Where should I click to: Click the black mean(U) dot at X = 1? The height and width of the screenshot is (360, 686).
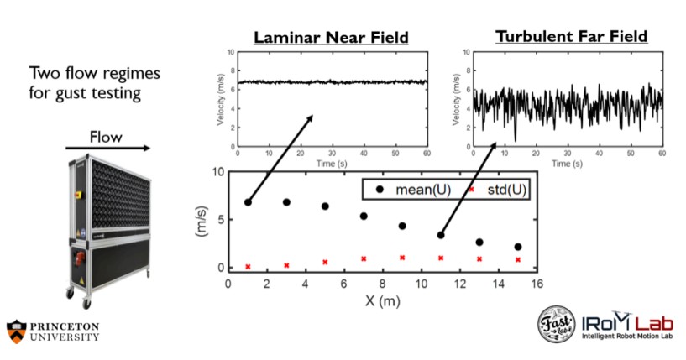tap(248, 202)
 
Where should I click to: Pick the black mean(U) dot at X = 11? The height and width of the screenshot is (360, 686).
tap(441, 235)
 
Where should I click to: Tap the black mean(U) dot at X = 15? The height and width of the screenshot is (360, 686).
tap(518, 247)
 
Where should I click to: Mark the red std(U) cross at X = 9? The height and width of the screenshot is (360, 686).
tap(402, 258)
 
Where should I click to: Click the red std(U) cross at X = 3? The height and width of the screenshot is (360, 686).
tap(286, 265)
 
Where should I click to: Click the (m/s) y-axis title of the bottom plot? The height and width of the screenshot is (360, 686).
tap(202, 221)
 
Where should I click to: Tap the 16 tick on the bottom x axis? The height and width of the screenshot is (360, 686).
tap(537, 283)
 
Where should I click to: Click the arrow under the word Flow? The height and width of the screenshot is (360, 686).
tap(107, 149)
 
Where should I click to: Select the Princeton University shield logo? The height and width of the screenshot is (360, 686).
tap(14, 330)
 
